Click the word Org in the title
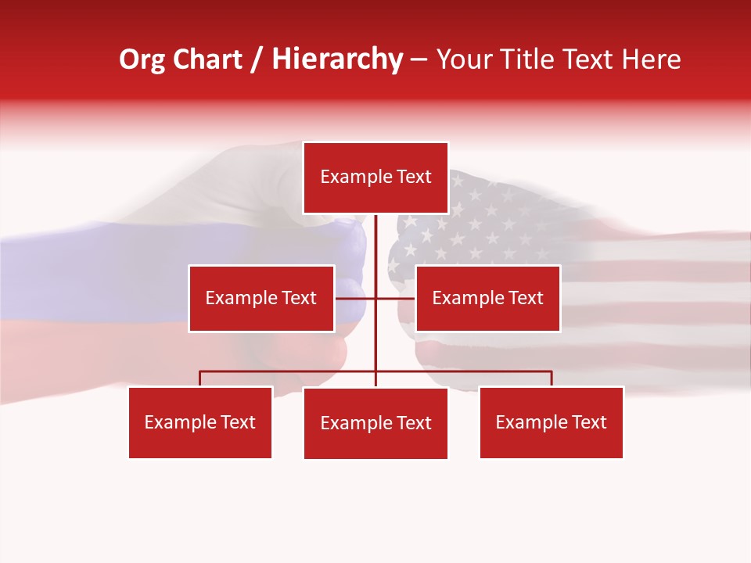[141, 59]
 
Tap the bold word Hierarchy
[337, 59]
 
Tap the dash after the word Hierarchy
[419, 61]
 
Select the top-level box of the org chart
[375, 178]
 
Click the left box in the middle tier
[261, 298]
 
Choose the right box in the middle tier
[487, 298]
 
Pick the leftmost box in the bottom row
[200, 422]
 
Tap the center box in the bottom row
[375, 423]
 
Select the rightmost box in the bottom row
[551, 422]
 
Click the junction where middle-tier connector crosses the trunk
[375, 298]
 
